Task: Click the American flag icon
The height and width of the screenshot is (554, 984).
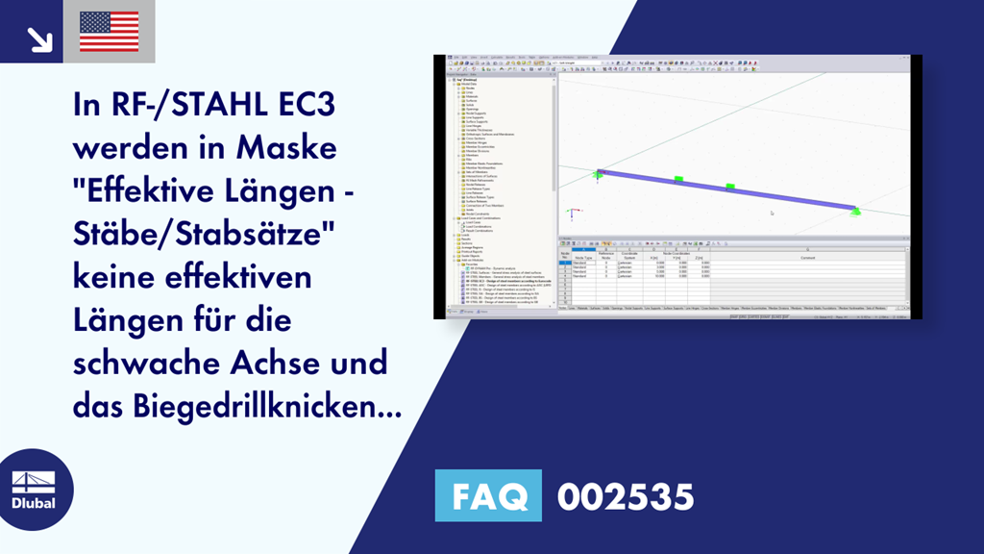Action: tap(109, 31)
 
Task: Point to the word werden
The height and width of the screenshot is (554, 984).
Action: tap(132, 150)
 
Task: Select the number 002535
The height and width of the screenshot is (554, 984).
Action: tap(625, 496)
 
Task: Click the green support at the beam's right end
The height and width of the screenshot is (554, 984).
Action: tap(855, 211)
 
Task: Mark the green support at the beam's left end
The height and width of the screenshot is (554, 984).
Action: tap(598, 174)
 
